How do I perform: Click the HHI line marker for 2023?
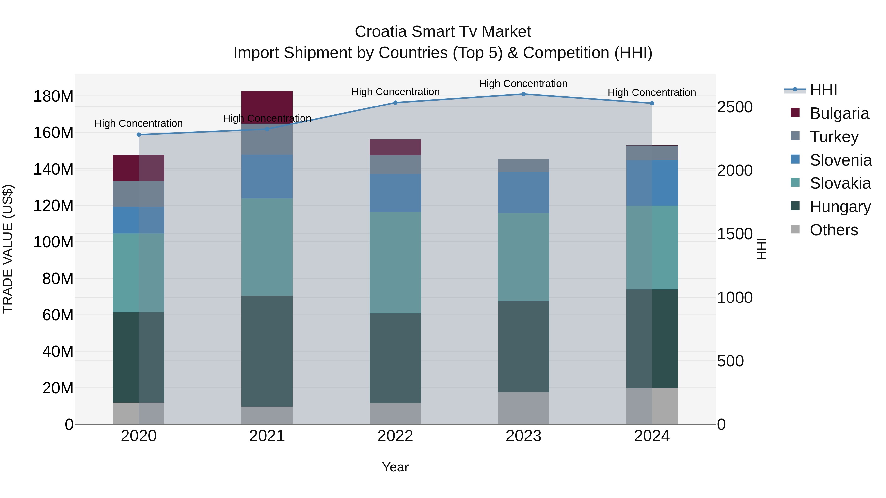[523, 94]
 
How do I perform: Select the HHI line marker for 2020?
[139, 135]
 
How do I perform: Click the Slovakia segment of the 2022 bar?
[395, 263]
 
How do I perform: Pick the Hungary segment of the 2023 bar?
[523, 347]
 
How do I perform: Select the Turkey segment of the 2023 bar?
[523, 166]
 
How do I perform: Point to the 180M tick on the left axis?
[53, 96]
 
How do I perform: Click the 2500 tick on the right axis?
[735, 107]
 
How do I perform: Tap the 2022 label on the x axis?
[395, 436]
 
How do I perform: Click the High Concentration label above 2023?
[523, 84]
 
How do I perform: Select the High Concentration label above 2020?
[139, 123]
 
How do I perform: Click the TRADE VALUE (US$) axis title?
[8, 249]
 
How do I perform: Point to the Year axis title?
[395, 467]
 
